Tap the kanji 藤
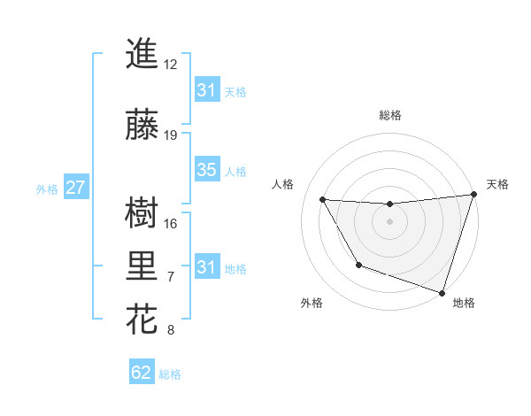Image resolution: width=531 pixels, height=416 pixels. (x=142, y=124)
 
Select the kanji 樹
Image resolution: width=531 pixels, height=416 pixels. (x=142, y=212)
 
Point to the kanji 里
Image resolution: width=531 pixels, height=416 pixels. (x=142, y=266)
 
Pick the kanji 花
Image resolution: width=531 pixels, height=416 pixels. (x=142, y=320)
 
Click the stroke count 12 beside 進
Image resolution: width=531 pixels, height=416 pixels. (x=170, y=65)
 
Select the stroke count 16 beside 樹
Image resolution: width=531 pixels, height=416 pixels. (x=171, y=223)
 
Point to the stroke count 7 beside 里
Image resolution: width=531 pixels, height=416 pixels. (x=171, y=277)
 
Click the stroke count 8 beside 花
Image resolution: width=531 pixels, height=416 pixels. (x=171, y=331)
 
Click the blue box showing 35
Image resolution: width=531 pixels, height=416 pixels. (x=206, y=171)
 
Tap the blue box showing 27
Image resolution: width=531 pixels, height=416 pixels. (x=75, y=189)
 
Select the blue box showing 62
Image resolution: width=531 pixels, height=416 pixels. (x=142, y=373)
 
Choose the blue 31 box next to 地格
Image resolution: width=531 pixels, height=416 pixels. (x=206, y=267)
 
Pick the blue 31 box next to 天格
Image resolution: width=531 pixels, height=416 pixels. (x=206, y=90)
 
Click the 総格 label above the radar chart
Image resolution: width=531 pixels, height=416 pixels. (x=390, y=116)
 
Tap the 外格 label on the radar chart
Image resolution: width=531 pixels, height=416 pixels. (x=312, y=304)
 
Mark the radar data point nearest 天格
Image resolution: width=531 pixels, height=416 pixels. (x=473, y=195)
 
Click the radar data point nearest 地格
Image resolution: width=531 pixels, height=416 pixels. (x=442, y=292)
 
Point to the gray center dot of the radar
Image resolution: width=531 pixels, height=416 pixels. (x=389, y=221)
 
